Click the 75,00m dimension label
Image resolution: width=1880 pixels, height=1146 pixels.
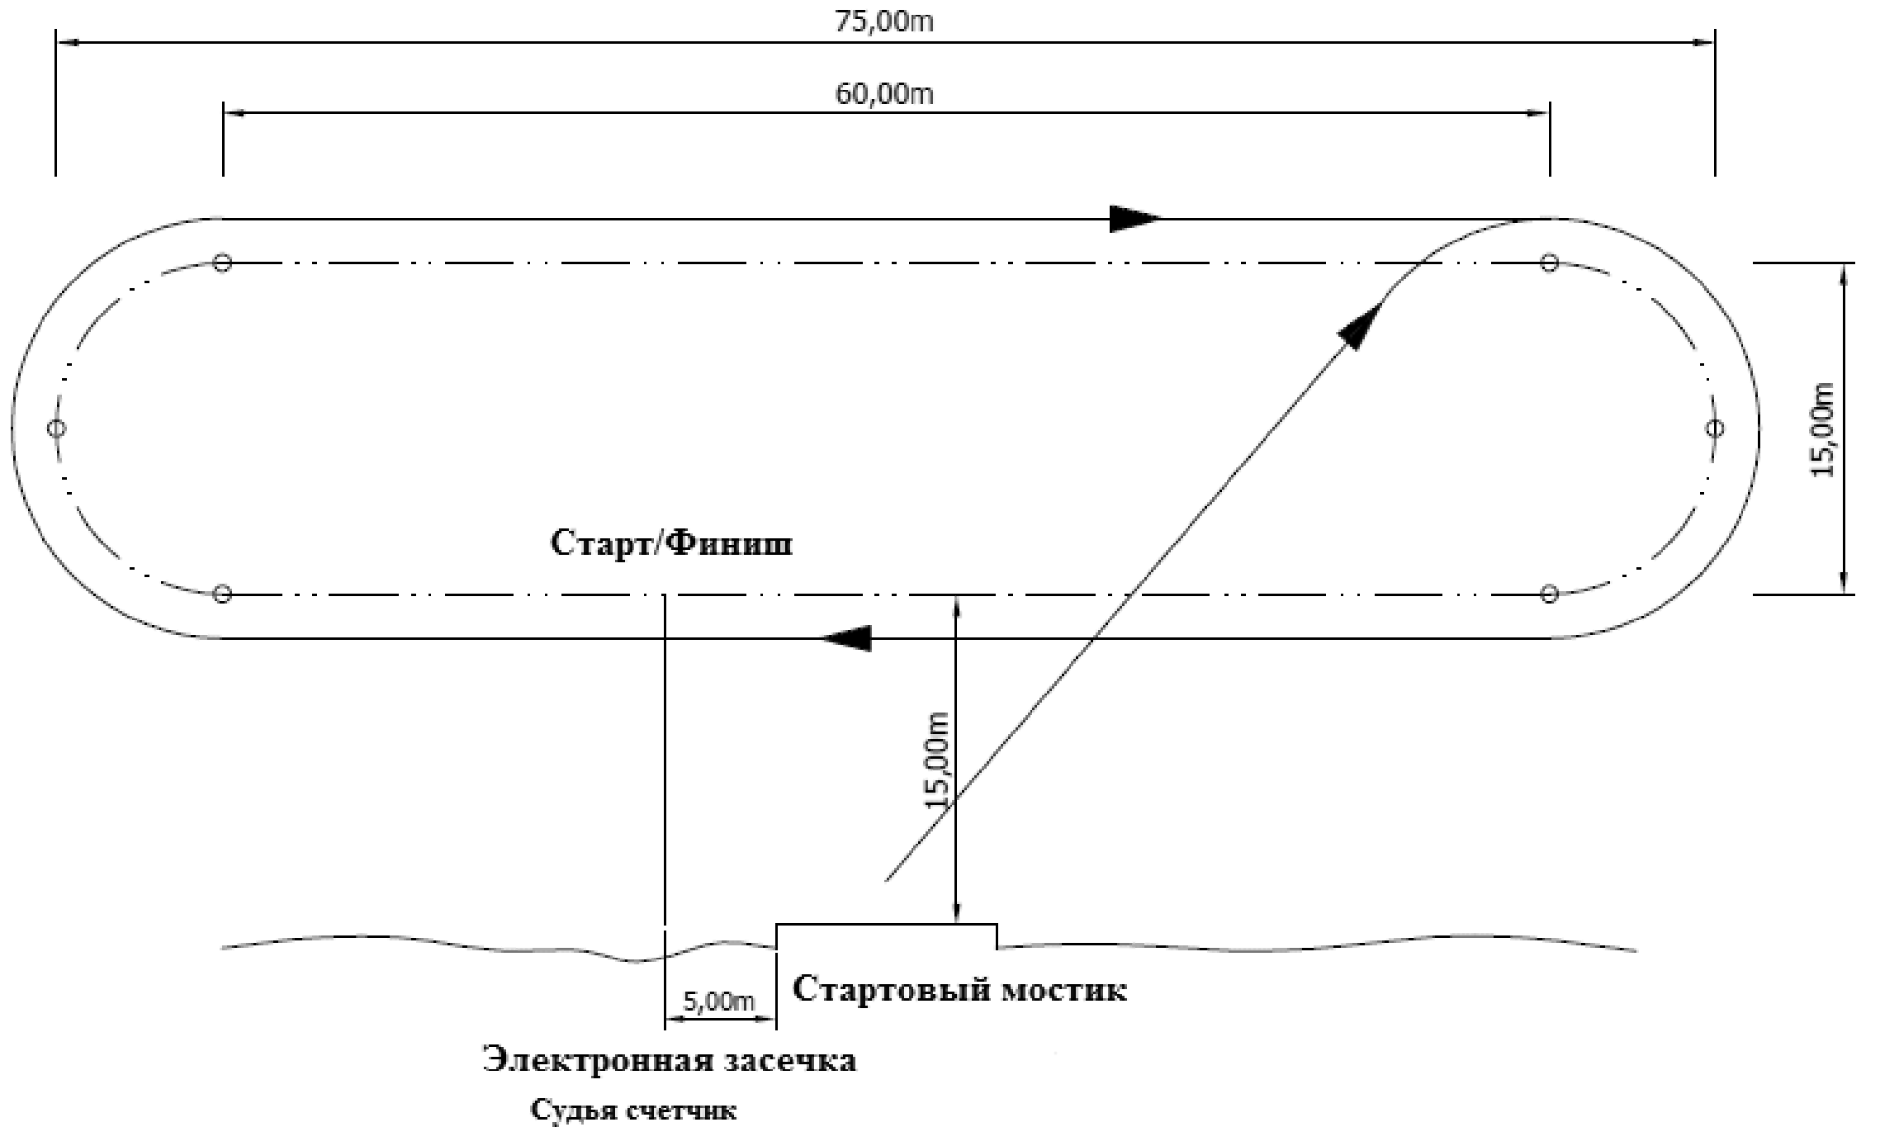(884, 21)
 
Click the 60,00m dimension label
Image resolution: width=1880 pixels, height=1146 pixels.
(884, 94)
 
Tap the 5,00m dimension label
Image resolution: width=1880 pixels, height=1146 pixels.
(719, 1002)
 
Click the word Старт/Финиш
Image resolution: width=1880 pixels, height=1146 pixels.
(671, 544)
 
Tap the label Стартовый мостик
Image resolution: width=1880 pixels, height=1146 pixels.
(959, 989)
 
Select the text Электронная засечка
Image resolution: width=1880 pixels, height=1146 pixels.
(670, 1060)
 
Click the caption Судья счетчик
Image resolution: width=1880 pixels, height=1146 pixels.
(633, 1110)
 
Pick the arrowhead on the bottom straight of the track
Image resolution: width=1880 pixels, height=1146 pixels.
(847, 638)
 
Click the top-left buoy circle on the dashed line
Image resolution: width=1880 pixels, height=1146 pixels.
(222, 263)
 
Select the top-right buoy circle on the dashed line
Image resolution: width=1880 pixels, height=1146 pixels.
(1550, 263)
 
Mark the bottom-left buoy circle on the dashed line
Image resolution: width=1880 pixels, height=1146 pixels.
(222, 594)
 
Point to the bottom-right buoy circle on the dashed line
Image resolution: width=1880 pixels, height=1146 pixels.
(1550, 594)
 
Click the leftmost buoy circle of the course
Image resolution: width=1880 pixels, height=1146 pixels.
(56, 428)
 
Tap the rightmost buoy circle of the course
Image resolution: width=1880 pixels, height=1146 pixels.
(1715, 428)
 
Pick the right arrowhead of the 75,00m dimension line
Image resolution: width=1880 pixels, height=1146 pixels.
(1702, 41)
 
